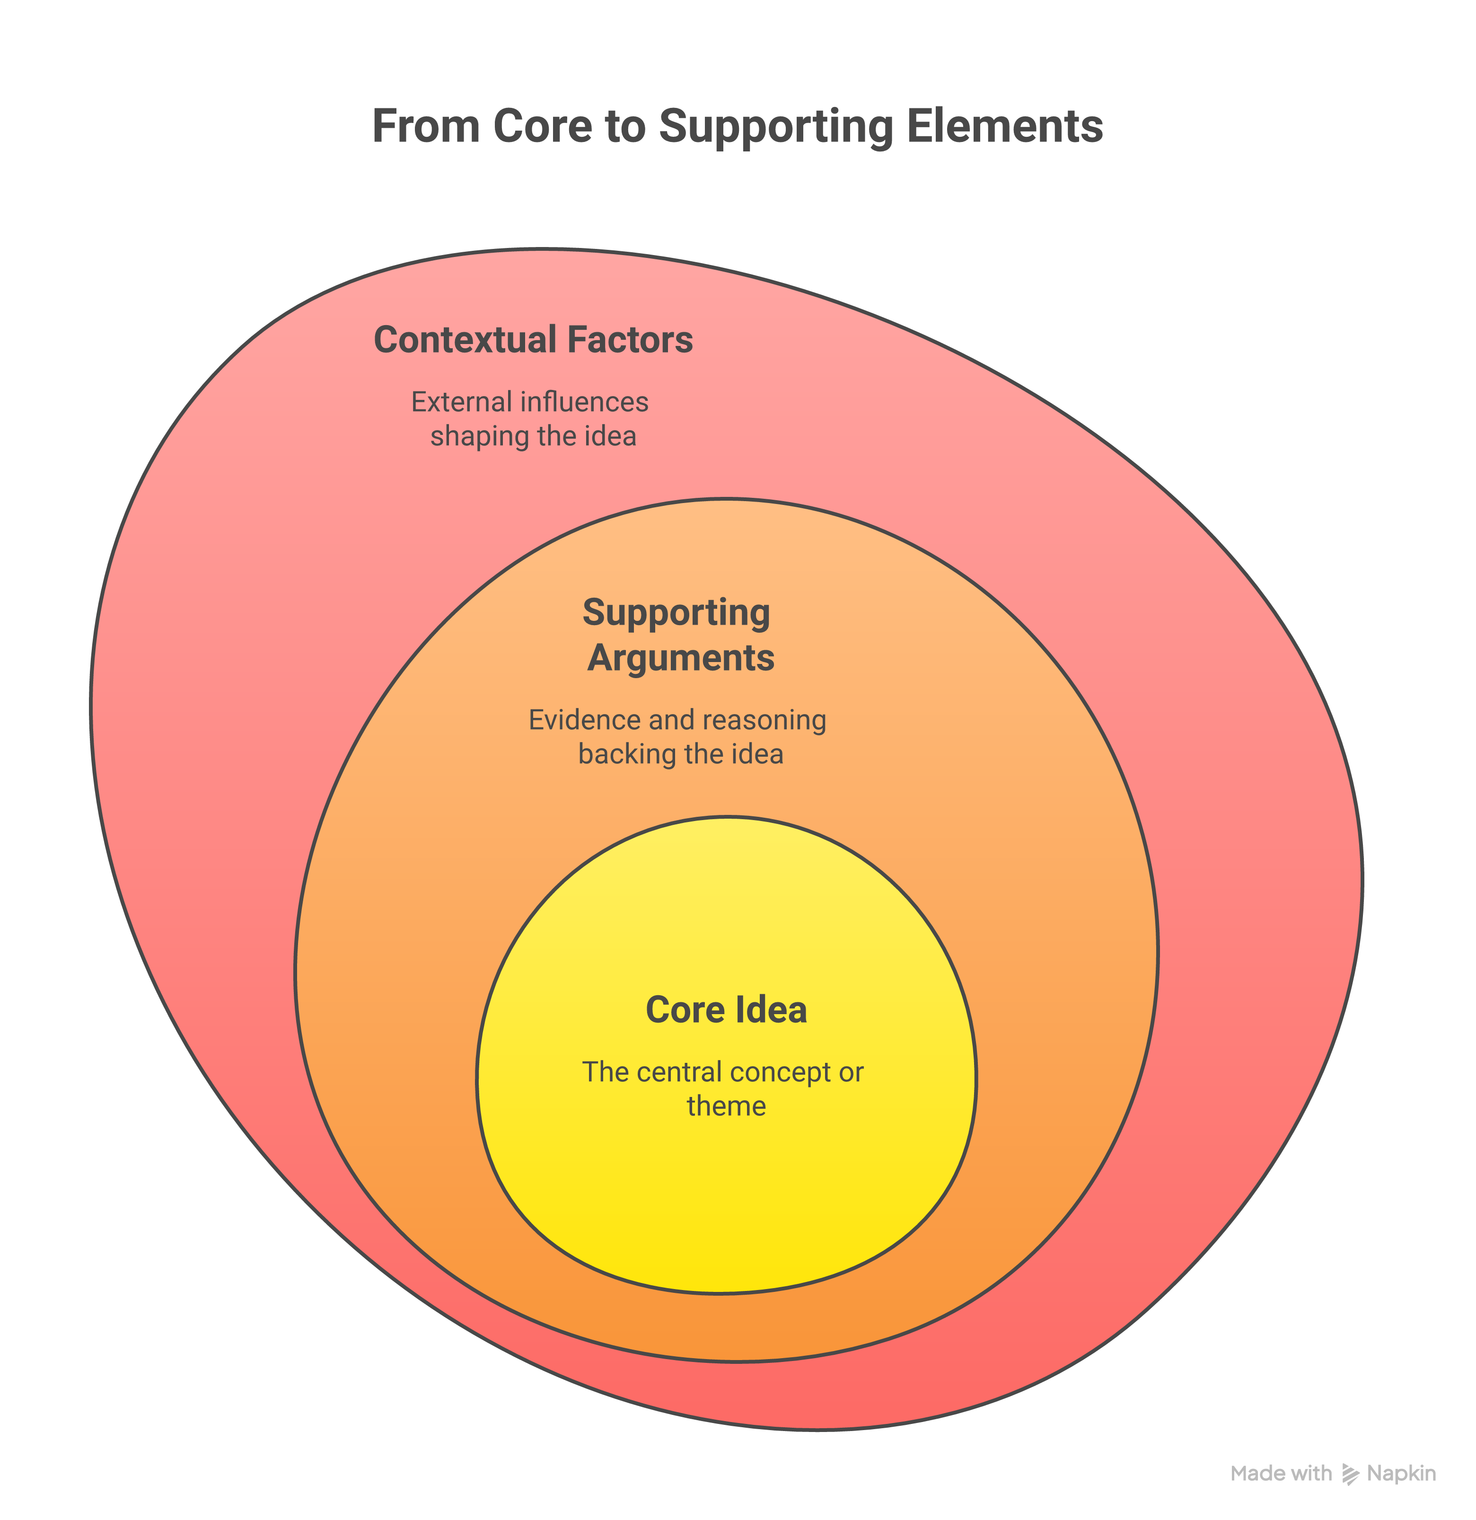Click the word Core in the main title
pos(542,126)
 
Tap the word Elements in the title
pos(1005,126)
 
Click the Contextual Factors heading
pos(533,340)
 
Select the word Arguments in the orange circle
pos(681,658)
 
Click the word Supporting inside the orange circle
pos(676,613)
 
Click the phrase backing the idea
pos(681,754)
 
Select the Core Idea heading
pos(726,1010)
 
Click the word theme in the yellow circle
pos(726,1106)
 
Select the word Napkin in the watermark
pos(1402,1474)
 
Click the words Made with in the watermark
pos(1281,1474)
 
